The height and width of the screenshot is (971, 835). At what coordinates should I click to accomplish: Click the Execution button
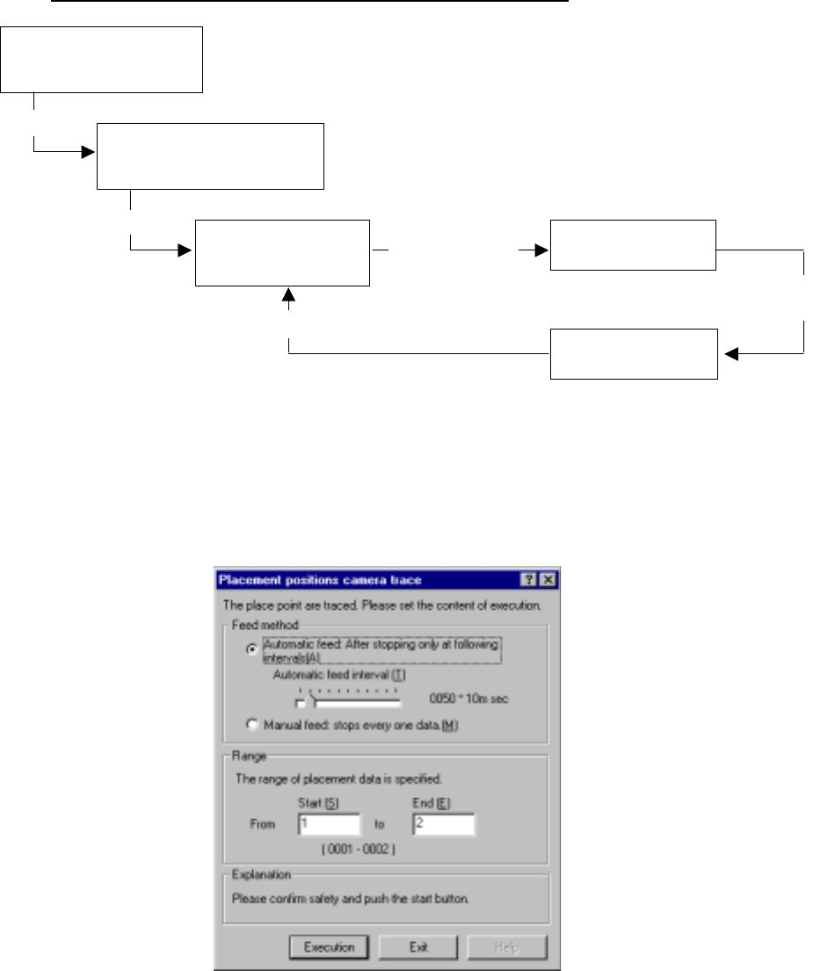tap(329, 947)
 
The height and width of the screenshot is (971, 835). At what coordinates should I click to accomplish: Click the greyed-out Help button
tap(507, 947)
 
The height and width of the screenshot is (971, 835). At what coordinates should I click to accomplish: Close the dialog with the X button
tap(548, 580)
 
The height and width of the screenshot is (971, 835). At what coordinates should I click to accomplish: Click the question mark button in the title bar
tap(529, 580)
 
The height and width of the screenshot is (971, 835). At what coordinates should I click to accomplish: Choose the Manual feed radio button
tap(253, 725)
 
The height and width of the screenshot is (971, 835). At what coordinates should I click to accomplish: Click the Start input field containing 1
tap(329, 824)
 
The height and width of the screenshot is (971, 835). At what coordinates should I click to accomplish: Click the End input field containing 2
tap(443, 824)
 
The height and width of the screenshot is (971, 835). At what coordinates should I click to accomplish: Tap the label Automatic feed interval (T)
tap(339, 675)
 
